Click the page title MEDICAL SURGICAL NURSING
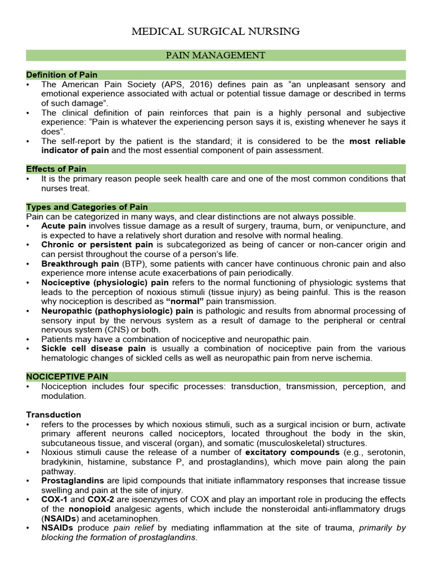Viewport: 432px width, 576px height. click(215, 31)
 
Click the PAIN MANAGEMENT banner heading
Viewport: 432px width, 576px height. click(215, 55)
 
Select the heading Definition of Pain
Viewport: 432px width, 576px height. click(62, 75)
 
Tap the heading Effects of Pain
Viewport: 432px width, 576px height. click(56, 169)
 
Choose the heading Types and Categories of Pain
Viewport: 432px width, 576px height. click(87, 207)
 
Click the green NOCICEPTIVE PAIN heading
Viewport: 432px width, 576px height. click(67, 376)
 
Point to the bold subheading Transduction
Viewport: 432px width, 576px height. click(53, 415)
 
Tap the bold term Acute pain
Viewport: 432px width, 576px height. click(64, 226)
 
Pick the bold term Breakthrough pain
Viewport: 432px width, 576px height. click(79, 263)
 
